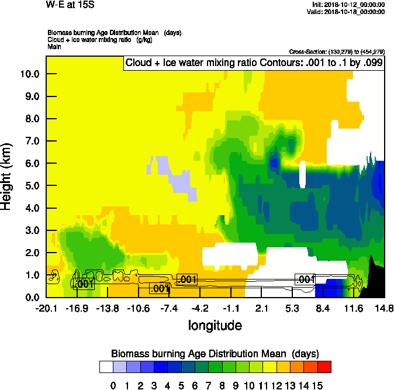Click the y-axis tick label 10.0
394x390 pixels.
(x=29, y=74)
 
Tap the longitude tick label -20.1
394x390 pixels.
(x=46, y=308)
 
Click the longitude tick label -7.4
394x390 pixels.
(x=169, y=308)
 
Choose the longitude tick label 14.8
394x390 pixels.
(x=384, y=308)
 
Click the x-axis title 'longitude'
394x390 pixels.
(x=215, y=325)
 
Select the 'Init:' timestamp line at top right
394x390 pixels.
(x=348, y=5)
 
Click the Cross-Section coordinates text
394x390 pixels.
(x=337, y=51)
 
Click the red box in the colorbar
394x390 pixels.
(x=324, y=367)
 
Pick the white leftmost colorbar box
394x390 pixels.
(x=106, y=367)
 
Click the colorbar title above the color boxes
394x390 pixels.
(x=215, y=353)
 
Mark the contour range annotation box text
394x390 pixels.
(x=254, y=63)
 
